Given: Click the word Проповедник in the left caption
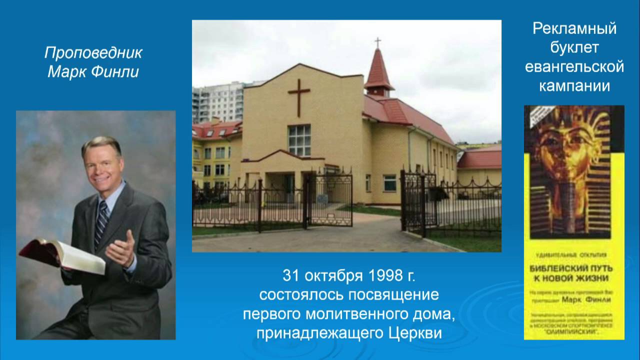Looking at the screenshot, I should pos(93,53).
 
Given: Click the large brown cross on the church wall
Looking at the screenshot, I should pos(298,94).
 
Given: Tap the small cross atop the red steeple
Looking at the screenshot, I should pos(377,42).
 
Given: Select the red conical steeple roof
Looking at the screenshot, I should pos(378,70).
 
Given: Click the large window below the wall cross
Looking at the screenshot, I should pos(299,140).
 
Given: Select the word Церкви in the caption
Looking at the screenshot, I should pos(415,333).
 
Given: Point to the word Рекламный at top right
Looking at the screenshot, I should pos(574,29).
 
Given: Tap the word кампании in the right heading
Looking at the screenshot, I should pos(574,86).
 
